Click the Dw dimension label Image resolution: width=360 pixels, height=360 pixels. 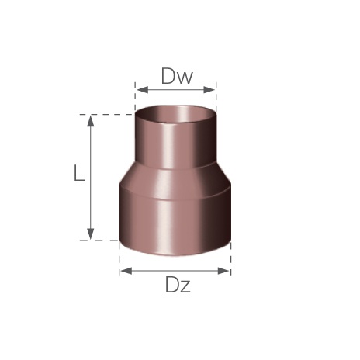[177, 76]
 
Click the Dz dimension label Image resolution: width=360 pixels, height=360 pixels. [178, 285]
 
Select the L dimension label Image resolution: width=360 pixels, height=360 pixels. [79, 173]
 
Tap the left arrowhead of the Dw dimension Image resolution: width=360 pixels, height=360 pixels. [142, 90]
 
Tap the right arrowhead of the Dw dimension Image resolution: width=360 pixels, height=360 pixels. [209, 90]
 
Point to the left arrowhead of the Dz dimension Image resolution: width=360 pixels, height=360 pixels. [126, 271]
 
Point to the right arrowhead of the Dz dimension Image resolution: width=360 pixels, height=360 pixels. [223, 271]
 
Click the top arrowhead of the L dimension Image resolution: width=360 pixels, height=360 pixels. [90, 121]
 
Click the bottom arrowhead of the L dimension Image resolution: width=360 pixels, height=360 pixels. [90, 234]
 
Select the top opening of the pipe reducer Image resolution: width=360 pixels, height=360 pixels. [175, 115]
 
